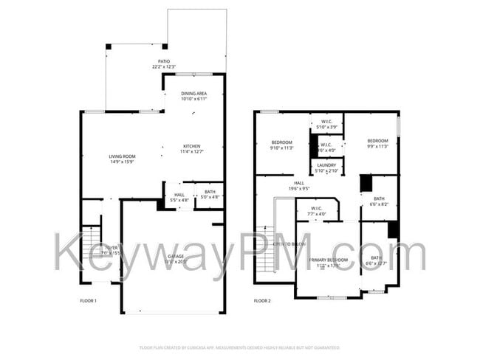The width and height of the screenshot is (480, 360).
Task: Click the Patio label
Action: (165, 61)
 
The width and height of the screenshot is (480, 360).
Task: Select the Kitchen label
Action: (191, 146)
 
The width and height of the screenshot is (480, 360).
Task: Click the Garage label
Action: (176, 255)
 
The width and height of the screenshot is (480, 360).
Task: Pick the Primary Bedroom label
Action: (328, 260)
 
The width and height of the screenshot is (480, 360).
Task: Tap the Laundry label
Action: (326, 165)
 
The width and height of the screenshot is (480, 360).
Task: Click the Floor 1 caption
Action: (88, 301)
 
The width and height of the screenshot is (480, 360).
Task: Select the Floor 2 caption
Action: (263, 301)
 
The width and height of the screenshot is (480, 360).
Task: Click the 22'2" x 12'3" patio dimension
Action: (165, 67)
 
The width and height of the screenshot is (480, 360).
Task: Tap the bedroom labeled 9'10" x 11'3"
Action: (282, 145)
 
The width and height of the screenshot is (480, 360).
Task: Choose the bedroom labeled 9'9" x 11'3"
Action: (377, 144)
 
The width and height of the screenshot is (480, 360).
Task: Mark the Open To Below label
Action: (289, 243)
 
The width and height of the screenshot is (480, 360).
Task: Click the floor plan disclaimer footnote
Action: (240, 347)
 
